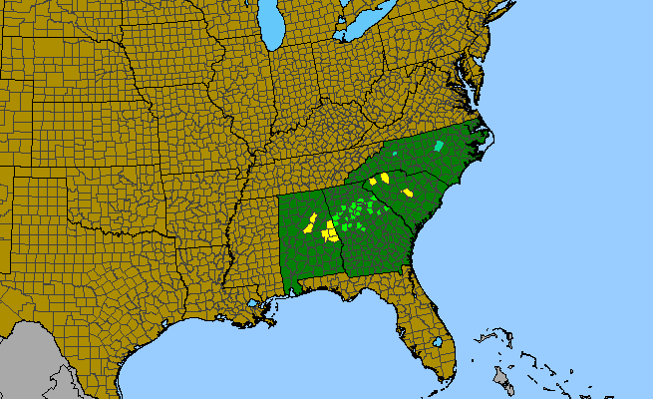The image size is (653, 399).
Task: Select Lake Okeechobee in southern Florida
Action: (x=438, y=342)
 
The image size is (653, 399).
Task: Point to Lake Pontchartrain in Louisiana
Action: (x=255, y=303)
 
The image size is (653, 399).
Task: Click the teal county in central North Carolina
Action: (x=438, y=147)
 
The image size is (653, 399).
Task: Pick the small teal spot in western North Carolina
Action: (x=394, y=155)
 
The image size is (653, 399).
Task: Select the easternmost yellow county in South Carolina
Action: (x=407, y=192)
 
